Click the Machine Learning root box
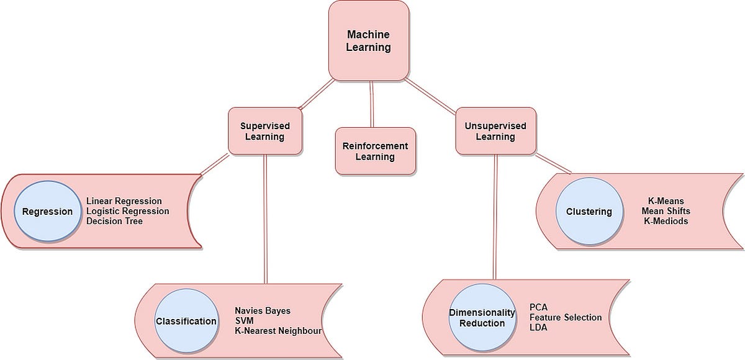[x=369, y=40]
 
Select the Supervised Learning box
[x=265, y=131]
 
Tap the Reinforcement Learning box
[x=375, y=151]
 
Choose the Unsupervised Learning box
[x=495, y=131]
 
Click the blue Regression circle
[x=47, y=212]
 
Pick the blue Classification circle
[x=186, y=321]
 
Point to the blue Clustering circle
[x=589, y=212]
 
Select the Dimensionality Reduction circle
[x=482, y=317]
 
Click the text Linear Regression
[x=124, y=201]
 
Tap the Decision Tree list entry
[x=115, y=221]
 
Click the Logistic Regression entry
[x=128, y=211]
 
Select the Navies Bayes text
[x=263, y=310]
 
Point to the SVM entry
[x=244, y=320]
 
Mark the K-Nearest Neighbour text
[x=278, y=331]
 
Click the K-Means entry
[x=666, y=201]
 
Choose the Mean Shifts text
[x=666, y=211]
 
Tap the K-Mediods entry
[x=666, y=221]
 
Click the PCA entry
[x=538, y=307]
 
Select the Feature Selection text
[x=566, y=317]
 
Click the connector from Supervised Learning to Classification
[x=265, y=217]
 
